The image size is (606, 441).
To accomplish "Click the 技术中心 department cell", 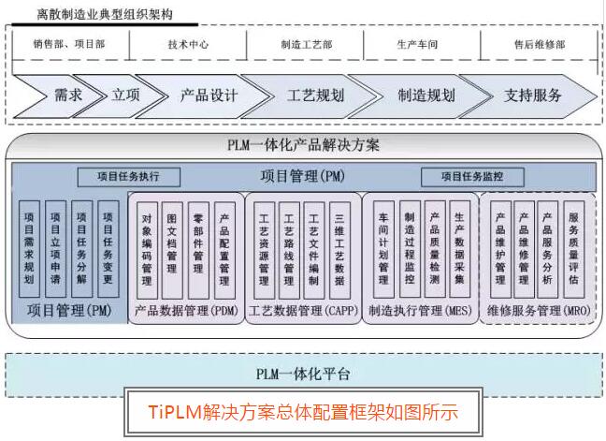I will pyautogui.click(x=188, y=44).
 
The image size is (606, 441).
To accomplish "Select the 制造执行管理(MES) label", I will pyautogui.click(x=420, y=309).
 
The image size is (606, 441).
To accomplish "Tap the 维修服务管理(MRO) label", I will pyautogui.click(x=537, y=309).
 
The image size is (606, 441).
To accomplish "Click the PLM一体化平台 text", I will pyautogui.click(x=303, y=374).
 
